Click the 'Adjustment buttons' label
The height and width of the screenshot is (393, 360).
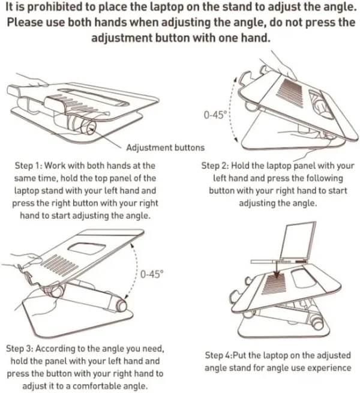click(x=165, y=148)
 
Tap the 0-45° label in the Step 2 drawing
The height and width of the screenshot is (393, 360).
click(x=215, y=115)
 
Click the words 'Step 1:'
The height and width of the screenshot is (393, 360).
click(x=29, y=166)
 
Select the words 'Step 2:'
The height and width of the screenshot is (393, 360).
click(x=215, y=166)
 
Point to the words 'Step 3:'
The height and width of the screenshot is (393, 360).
click(x=20, y=349)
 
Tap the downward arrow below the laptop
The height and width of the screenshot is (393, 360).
click(x=276, y=269)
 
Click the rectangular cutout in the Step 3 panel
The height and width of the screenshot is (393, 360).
click(x=87, y=248)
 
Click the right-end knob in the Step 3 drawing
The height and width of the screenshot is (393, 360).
click(x=121, y=305)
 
